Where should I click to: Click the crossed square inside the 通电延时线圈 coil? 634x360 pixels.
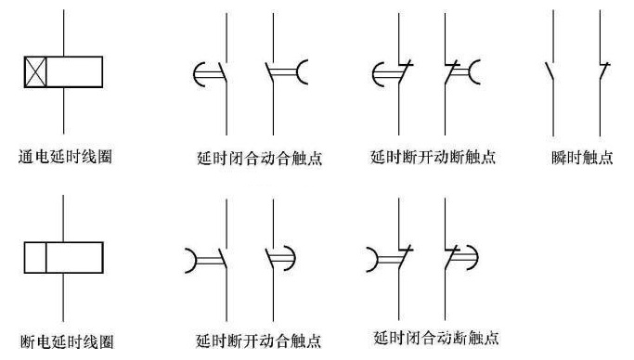(x=35, y=72)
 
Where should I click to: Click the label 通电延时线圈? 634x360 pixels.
(x=65, y=157)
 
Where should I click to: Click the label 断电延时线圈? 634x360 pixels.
(x=67, y=341)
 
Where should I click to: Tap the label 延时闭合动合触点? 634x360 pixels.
(x=260, y=158)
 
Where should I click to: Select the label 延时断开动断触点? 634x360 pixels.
(x=433, y=157)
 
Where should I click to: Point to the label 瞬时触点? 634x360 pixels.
(x=582, y=157)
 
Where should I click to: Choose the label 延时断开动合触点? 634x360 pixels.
(x=259, y=341)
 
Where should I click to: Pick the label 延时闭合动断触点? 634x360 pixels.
(x=436, y=337)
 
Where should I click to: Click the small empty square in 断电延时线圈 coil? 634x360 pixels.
(x=35, y=257)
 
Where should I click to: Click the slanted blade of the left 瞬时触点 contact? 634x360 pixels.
(x=549, y=71)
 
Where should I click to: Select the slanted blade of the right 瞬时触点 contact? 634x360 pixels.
(x=604, y=72)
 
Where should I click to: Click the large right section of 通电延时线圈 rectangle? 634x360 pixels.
(x=74, y=72)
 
